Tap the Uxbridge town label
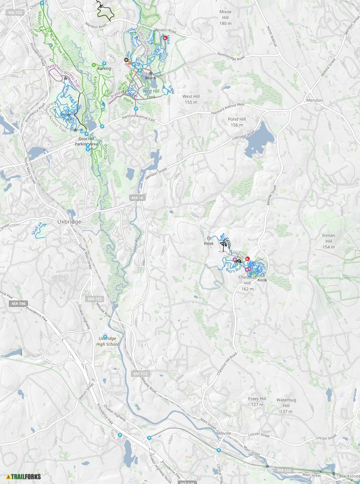point(69,222)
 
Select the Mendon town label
point(315,100)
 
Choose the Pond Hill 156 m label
point(237,122)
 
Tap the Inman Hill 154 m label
point(328,241)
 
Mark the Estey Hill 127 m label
point(257,402)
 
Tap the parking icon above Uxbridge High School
point(105,337)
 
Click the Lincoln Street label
point(259,435)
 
